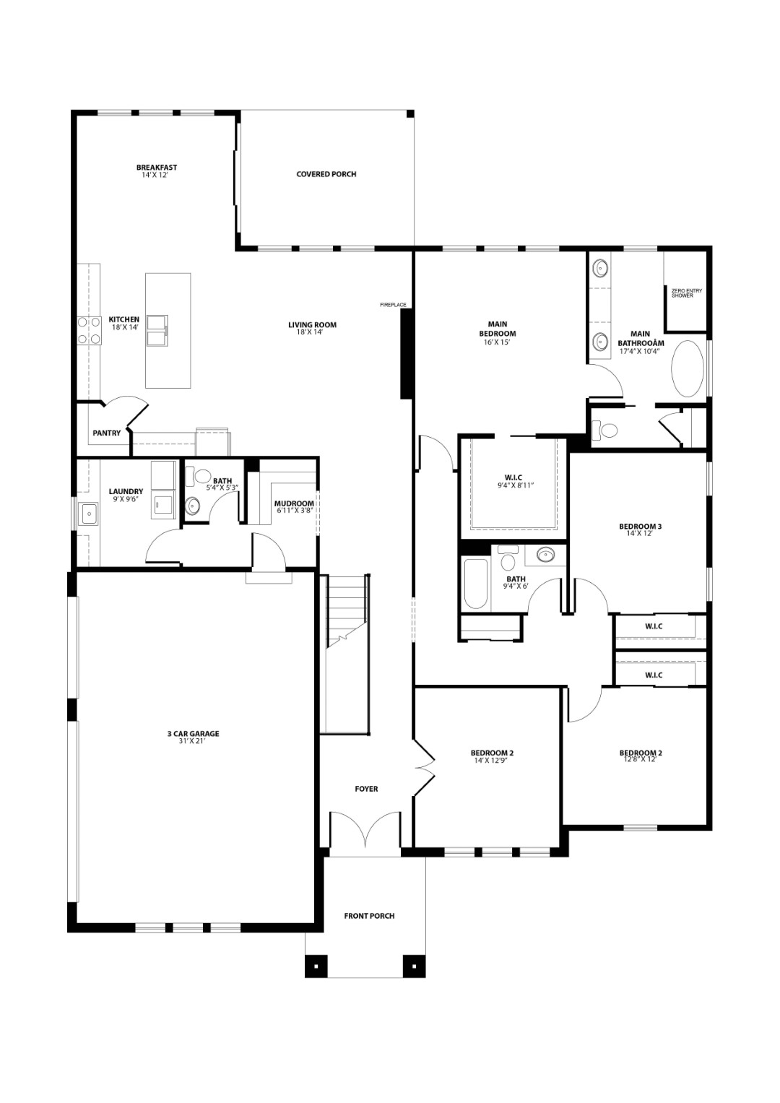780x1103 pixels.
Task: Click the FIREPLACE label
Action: click(x=393, y=305)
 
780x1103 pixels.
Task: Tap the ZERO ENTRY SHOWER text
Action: click(x=686, y=293)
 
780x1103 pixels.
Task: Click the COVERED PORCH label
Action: click(x=326, y=174)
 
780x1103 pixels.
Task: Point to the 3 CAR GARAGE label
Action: click(x=193, y=734)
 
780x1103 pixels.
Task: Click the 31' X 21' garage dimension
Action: click(x=193, y=740)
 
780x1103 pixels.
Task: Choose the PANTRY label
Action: click(x=107, y=433)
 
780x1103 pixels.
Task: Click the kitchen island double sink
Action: click(x=157, y=332)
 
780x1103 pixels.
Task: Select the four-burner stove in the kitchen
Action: click(x=89, y=330)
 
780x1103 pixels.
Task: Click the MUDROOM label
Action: click(x=294, y=503)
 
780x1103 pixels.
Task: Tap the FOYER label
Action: click(x=366, y=789)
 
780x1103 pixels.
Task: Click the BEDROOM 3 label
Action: click(x=640, y=527)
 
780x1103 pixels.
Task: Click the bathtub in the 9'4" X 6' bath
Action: click(x=475, y=584)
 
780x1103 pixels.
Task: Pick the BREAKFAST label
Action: click(x=157, y=167)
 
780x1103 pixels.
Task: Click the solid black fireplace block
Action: click(x=406, y=354)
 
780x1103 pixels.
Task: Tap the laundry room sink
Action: click(x=90, y=513)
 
